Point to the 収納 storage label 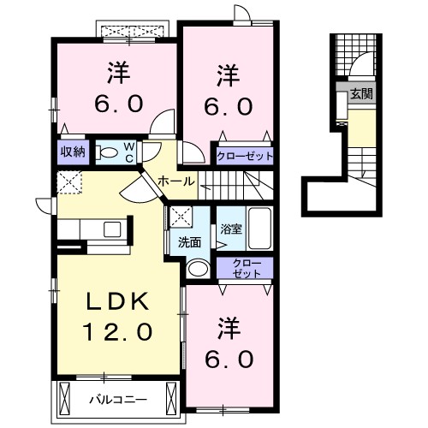coord(72,152)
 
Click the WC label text coord(128,152)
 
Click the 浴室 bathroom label coord(230,229)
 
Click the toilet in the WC coord(108,152)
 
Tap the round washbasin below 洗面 coord(196,269)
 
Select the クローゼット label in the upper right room coord(245,157)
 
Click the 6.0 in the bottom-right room coord(229,359)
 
